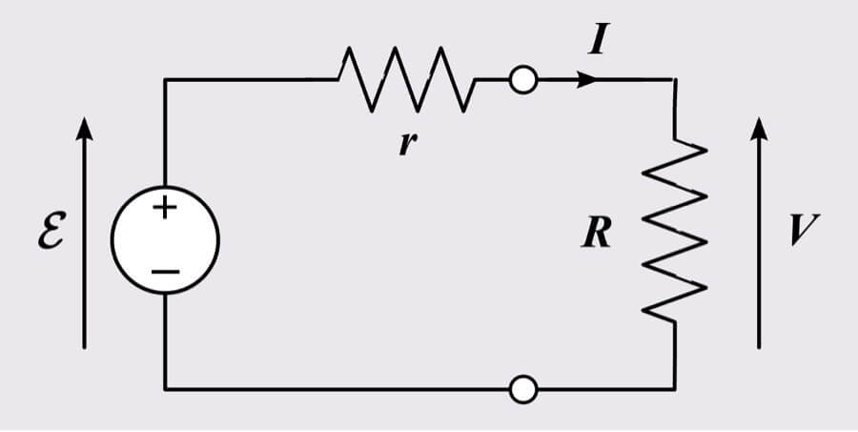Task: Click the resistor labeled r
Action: [404, 80]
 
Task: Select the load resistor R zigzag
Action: [675, 229]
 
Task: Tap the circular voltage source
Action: [165, 238]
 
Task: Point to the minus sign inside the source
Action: [165, 271]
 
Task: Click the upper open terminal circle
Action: [522, 80]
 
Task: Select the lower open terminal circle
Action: [522, 389]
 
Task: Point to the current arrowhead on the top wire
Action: [589, 80]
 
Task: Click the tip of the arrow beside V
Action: [759, 120]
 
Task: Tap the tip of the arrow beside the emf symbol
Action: [85, 120]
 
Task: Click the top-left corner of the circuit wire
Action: [165, 80]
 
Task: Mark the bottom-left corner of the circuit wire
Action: [165, 389]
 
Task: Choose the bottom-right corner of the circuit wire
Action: [675, 389]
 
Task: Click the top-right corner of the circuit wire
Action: [675, 80]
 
